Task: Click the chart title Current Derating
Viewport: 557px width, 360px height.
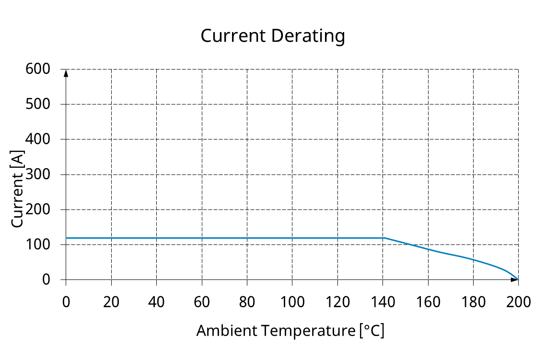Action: click(272, 36)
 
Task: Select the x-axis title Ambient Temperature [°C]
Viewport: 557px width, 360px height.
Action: click(290, 331)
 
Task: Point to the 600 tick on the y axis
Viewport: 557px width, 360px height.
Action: click(38, 69)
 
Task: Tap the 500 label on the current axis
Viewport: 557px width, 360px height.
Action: click(38, 104)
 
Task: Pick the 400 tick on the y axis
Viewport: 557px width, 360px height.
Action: click(38, 139)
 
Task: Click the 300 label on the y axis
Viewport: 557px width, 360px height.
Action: click(38, 174)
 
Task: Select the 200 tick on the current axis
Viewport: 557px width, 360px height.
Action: click(38, 209)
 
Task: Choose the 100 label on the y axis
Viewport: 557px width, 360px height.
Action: click(38, 244)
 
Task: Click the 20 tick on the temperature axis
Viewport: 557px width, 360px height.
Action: click(111, 302)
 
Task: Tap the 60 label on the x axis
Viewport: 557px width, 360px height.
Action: click(202, 302)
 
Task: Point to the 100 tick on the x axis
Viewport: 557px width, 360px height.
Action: click(292, 302)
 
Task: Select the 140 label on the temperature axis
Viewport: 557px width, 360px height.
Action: click(383, 302)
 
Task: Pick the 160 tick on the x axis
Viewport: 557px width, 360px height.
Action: click(428, 302)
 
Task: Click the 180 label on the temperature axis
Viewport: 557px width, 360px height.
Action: click(474, 302)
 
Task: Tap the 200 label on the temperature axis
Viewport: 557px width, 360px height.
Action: click(519, 302)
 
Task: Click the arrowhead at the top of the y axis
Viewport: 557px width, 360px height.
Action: click(66, 73)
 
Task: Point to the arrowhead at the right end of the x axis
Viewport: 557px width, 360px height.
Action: click(514, 279)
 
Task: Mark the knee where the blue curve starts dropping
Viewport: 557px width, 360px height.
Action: click(384, 238)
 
